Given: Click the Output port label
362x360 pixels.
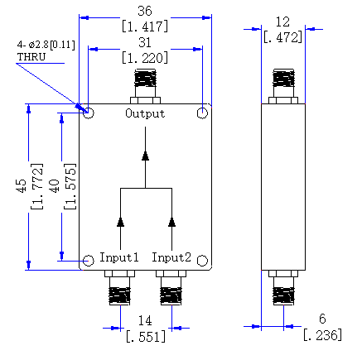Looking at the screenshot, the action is (145, 113).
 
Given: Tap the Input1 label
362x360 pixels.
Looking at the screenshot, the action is (118, 257).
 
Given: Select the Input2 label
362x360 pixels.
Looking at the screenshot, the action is (171, 257).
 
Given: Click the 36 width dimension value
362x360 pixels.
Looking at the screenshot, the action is (145, 11).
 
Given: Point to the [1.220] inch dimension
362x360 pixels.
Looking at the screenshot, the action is (145, 58).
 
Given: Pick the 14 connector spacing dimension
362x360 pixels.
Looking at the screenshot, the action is (145, 320).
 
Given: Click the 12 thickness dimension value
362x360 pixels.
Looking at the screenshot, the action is (282, 22).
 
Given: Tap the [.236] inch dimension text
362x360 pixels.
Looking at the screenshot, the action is (322, 335).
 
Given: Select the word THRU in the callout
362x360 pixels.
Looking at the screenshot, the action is (31, 57).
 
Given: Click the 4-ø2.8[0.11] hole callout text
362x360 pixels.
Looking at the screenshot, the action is (46, 45).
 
